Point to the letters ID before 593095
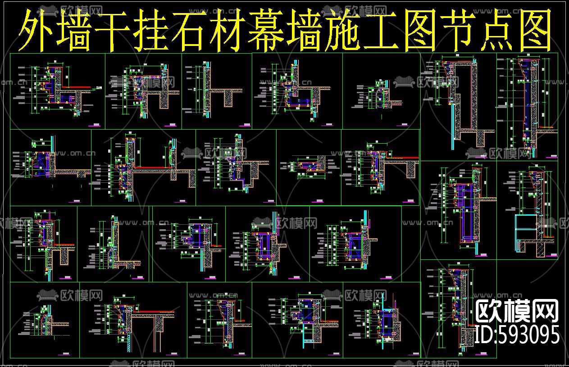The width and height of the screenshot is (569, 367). (485, 335)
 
